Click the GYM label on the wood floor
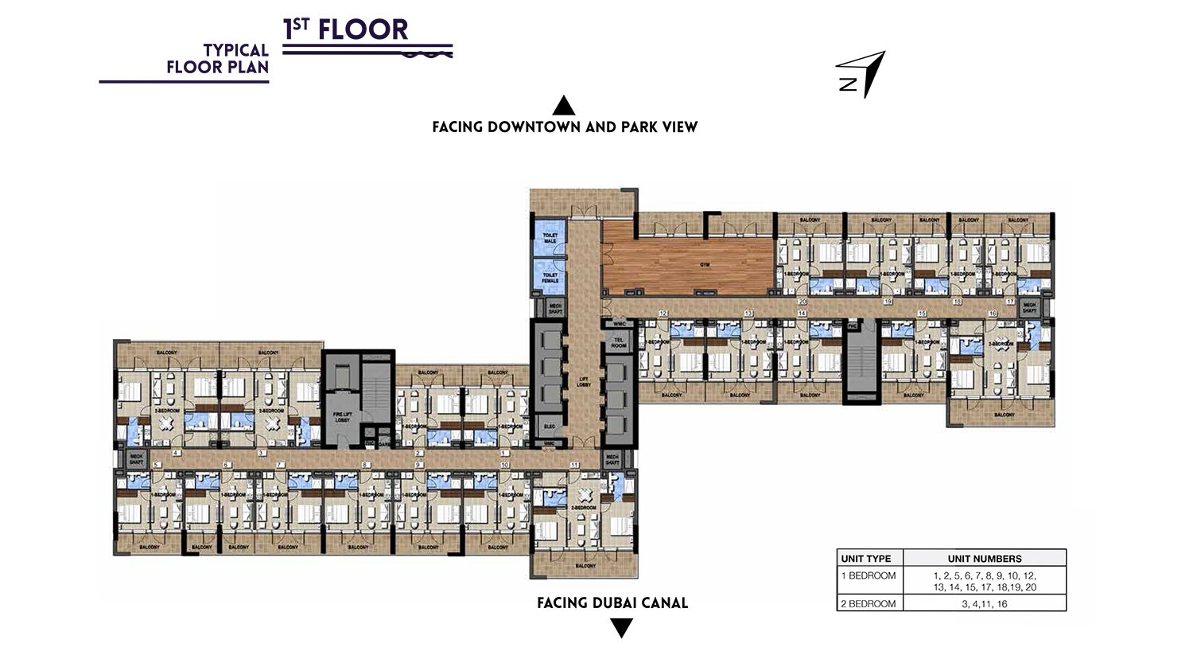pyautogui.click(x=705, y=265)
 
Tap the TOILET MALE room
pyautogui.click(x=550, y=238)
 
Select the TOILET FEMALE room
pyautogui.click(x=550, y=277)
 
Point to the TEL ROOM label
pyautogui.click(x=618, y=343)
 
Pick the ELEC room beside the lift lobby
pyautogui.click(x=550, y=426)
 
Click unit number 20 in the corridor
pyautogui.click(x=802, y=302)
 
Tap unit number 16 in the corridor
pyautogui.click(x=992, y=314)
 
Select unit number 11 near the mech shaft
pyautogui.click(x=574, y=464)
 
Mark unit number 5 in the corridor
pyautogui.click(x=156, y=464)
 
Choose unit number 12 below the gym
pyautogui.click(x=662, y=314)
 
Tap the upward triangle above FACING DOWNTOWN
pyautogui.click(x=564, y=105)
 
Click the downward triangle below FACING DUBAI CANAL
pyautogui.click(x=621, y=629)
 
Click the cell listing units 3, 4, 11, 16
pyautogui.click(x=984, y=603)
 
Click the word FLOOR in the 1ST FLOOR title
pyautogui.click(x=363, y=30)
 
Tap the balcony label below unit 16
pyautogui.click(x=1004, y=415)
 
